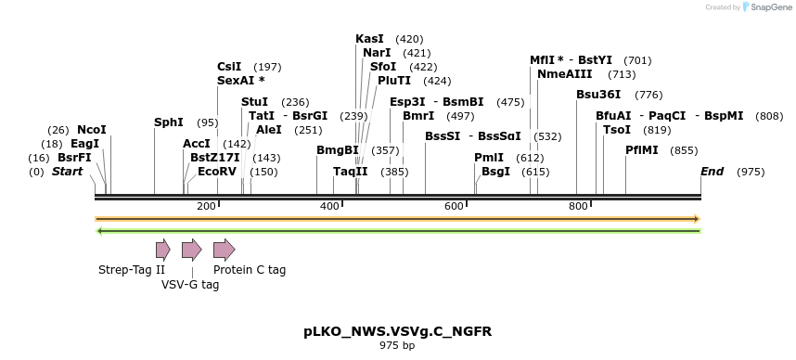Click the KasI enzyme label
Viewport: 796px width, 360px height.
369,39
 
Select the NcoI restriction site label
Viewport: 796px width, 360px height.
92,130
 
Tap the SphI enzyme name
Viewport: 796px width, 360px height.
169,122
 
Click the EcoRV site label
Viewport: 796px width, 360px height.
217,172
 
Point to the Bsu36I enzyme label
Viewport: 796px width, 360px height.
598,95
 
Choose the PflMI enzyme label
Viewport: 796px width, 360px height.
643,150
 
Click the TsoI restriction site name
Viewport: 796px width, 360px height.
617,130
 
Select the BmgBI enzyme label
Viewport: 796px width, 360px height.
337,150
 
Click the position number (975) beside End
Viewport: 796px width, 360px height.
751,172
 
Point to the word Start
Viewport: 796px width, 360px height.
67,172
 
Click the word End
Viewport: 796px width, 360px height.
712,172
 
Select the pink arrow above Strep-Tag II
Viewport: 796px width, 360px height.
162,249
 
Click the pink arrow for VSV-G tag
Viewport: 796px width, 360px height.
191,249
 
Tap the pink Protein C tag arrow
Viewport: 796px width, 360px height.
224,249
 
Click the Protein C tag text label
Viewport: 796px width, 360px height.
250,270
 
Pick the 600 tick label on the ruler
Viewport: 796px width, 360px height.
454,206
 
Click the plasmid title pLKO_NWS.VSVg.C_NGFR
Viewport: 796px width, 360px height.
397,331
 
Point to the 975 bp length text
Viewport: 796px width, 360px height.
397,346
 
